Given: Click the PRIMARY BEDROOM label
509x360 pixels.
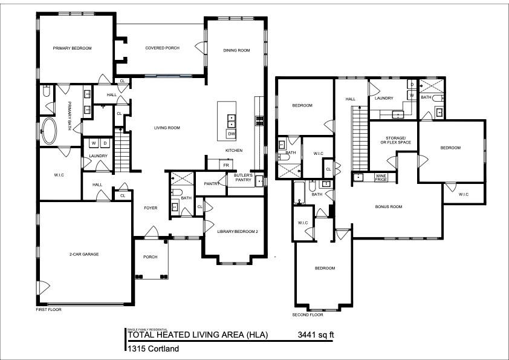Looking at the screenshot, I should [72, 48].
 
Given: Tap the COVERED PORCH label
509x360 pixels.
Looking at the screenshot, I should [162, 48].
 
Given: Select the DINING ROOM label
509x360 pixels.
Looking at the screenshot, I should [236, 50].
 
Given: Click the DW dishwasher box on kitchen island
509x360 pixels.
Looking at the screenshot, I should [232, 133].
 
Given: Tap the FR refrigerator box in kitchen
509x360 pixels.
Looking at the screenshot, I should [226, 165].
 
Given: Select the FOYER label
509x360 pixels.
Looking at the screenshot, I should [151, 208].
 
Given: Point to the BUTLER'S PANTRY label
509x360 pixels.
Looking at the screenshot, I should [243, 177].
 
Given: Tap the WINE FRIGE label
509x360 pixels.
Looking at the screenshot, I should [381, 177].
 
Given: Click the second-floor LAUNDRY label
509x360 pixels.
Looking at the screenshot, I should [384, 98].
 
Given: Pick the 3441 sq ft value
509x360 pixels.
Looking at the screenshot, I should [316, 335].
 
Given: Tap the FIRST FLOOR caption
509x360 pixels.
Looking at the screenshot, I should [49, 309].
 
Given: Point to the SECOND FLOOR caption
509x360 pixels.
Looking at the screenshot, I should [308, 315].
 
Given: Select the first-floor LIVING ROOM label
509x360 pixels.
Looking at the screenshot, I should [167, 128].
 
